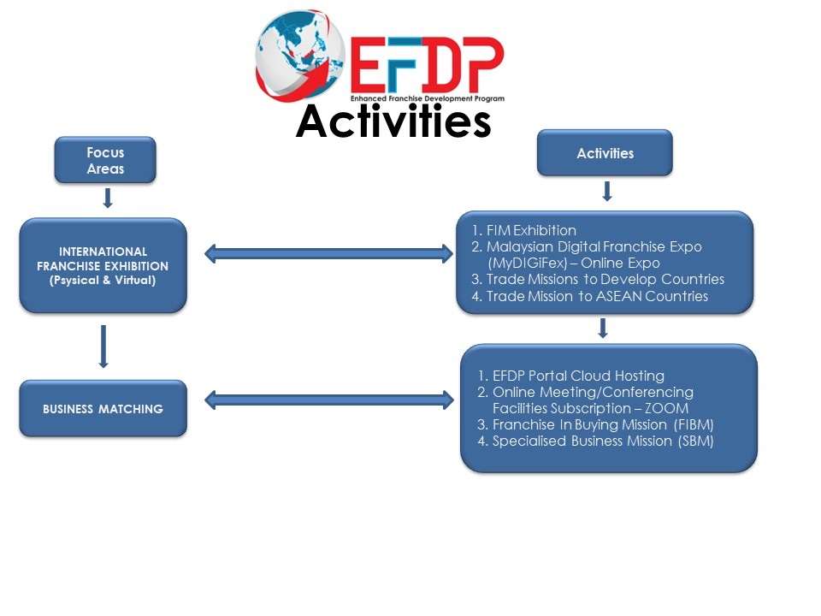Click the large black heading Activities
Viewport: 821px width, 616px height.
coord(393,122)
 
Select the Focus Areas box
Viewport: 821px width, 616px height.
coord(105,161)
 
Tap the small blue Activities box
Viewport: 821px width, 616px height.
coord(605,154)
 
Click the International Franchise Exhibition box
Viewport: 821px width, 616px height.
coord(103,265)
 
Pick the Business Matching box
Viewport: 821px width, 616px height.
coord(103,409)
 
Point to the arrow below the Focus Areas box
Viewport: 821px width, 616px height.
coord(107,199)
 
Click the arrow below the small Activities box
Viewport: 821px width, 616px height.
coord(606,191)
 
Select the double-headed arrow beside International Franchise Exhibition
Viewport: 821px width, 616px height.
coord(329,252)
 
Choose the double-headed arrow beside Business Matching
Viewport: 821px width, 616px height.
coord(329,399)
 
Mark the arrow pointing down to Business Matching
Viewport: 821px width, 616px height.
coord(103,346)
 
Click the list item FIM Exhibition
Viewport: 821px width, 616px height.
coord(531,230)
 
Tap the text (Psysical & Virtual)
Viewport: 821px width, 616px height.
coord(103,280)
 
